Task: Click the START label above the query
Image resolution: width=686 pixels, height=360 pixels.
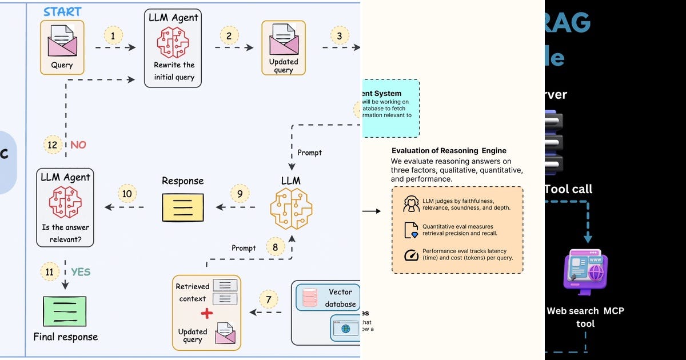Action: (x=62, y=11)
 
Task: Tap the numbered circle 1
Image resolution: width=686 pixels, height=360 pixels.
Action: (x=113, y=37)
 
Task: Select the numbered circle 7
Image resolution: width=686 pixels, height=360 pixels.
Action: (x=268, y=299)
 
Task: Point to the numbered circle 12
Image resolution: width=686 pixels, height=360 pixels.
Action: (x=53, y=145)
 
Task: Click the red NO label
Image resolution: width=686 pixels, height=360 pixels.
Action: (x=78, y=145)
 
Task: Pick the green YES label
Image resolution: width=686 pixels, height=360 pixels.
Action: (x=81, y=272)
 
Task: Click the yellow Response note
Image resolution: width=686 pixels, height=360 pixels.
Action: (x=182, y=207)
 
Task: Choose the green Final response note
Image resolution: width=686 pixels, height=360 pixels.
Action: (x=65, y=311)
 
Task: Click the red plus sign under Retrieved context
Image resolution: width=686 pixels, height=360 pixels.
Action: (x=206, y=313)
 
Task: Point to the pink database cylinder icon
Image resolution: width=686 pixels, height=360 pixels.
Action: (x=310, y=298)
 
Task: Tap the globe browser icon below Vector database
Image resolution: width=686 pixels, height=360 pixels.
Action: (x=345, y=329)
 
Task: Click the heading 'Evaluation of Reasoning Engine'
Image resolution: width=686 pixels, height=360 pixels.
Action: (x=449, y=151)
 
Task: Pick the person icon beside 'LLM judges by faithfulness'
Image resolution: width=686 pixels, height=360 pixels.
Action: (x=412, y=203)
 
